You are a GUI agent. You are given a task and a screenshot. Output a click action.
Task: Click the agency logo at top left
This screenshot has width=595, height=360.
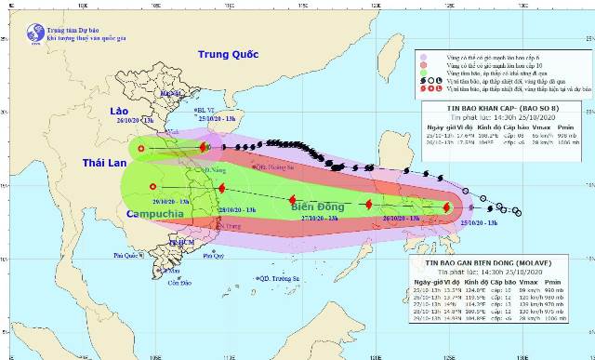[x=35, y=33]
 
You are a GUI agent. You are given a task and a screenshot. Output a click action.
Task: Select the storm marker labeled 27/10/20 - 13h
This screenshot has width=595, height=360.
[x=293, y=200]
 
